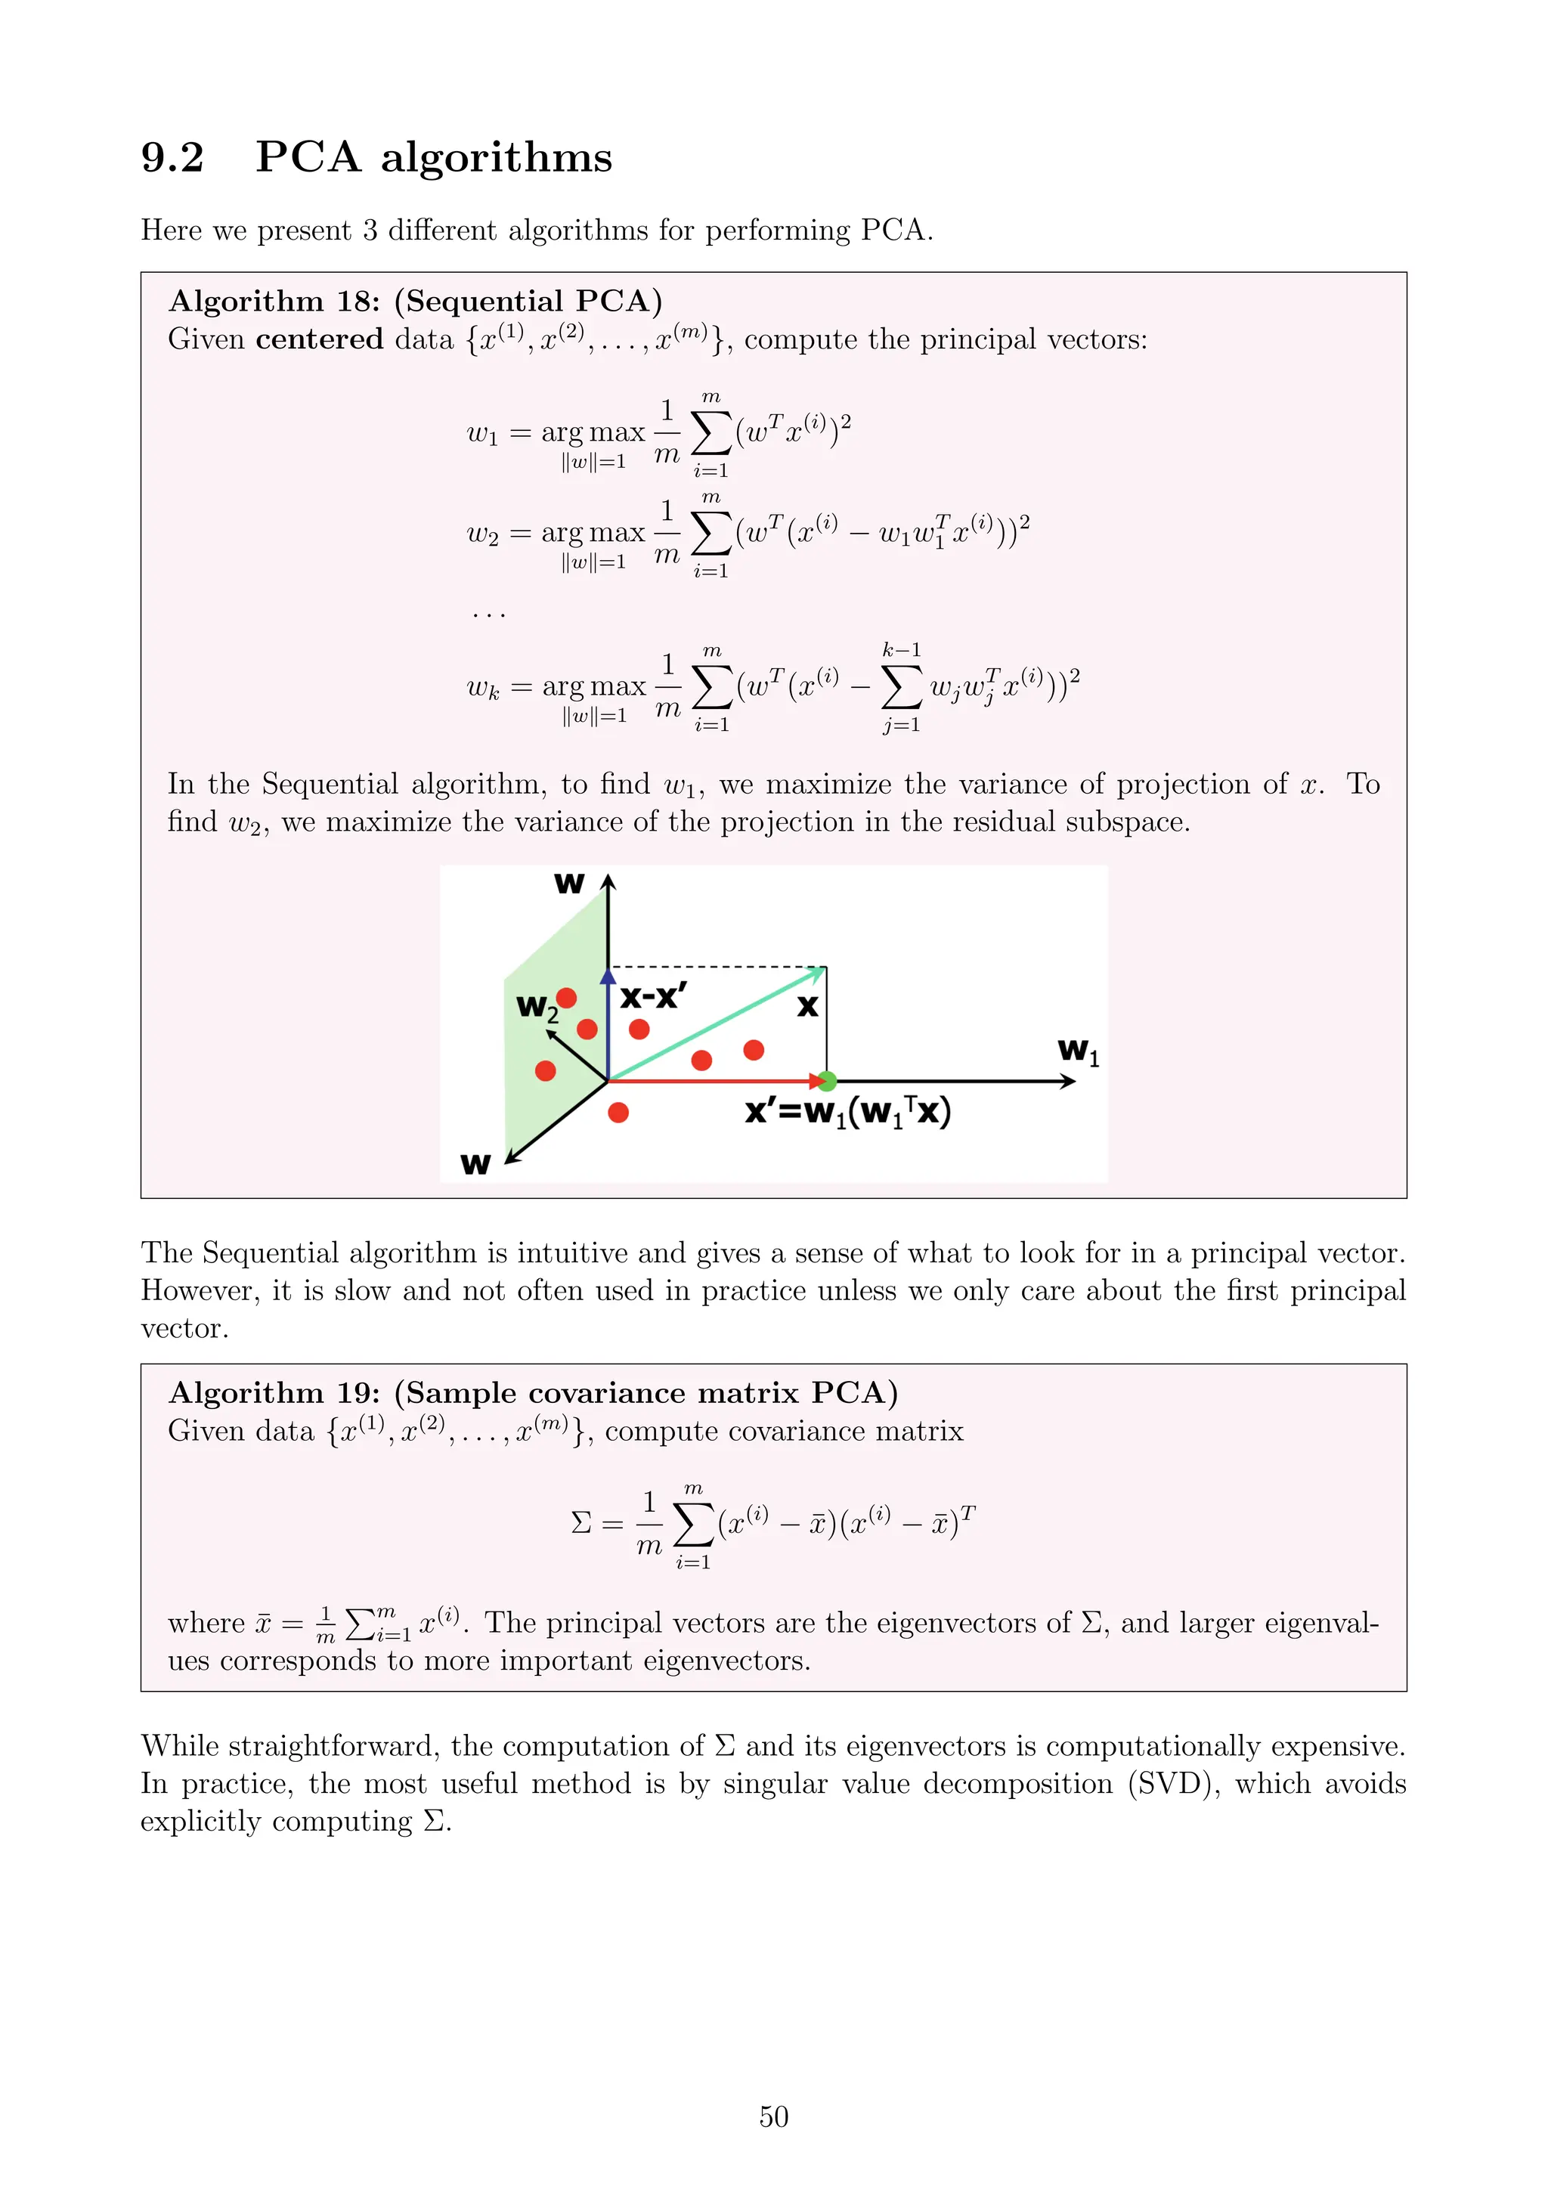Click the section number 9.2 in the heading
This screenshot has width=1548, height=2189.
pos(172,157)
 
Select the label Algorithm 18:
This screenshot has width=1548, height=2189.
pos(274,302)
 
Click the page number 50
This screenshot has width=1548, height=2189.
pos(773,2116)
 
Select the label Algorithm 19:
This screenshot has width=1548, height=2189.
pos(274,1393)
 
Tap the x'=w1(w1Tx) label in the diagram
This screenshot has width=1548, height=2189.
pos(847,1113)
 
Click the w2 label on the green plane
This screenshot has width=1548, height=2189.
pos(536,1008)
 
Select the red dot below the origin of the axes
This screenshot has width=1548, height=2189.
pos(618,1113)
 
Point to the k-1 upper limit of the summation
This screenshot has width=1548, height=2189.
pos(901,650)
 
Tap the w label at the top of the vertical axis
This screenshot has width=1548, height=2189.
pos(569,883)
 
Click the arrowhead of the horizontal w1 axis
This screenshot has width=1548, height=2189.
pos(1069,1081)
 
